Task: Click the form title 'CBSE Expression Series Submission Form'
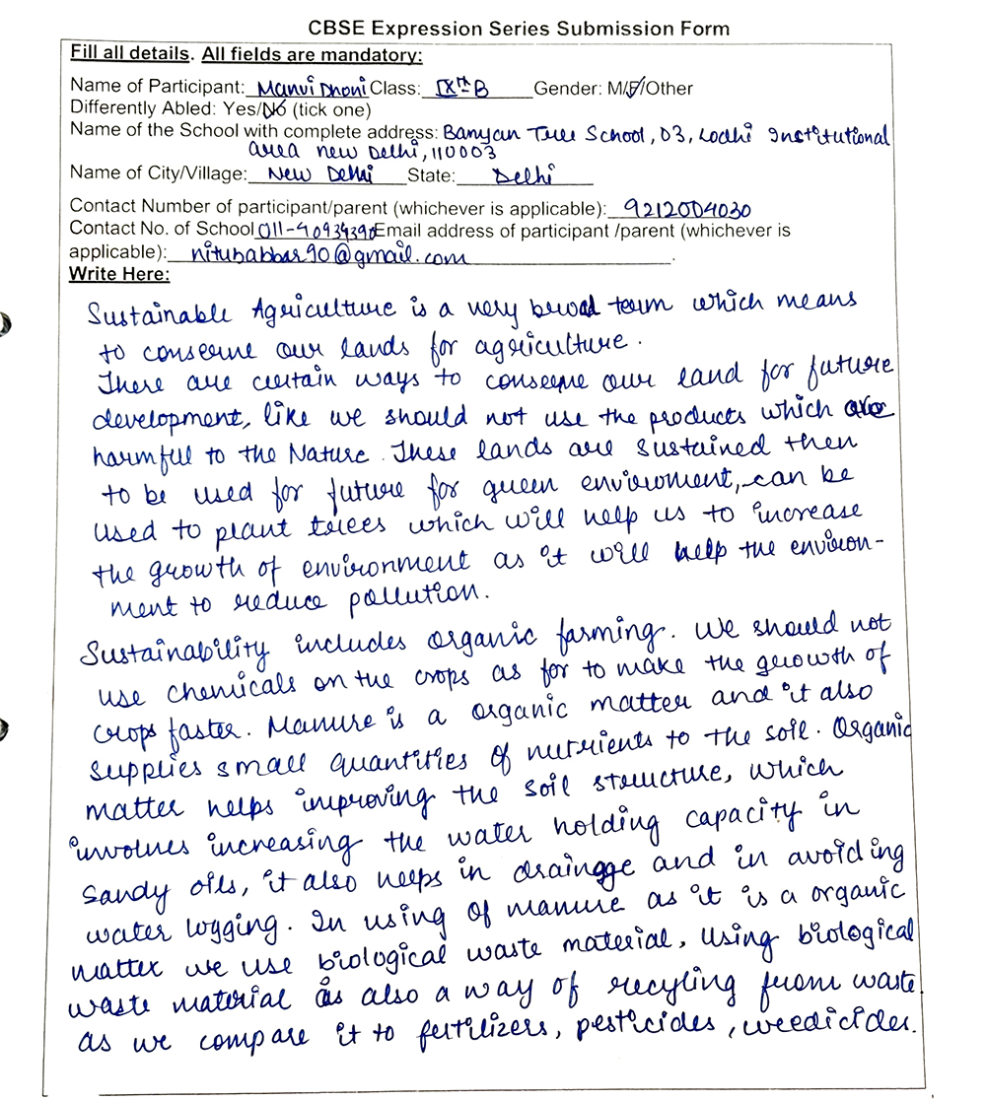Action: click(x=519, y=27)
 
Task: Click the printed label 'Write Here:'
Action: click(x=118, y=273)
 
